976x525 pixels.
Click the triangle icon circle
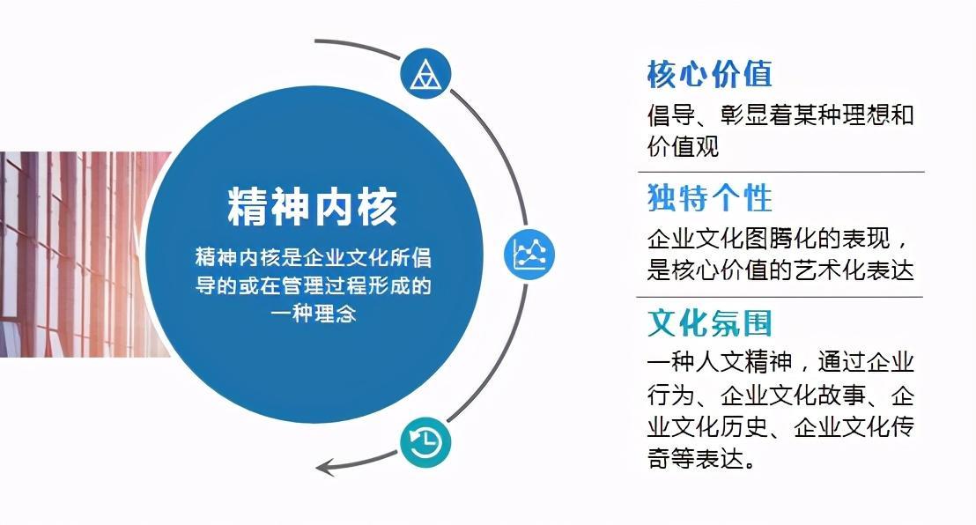(425, 74)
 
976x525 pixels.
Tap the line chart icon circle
(529, 254)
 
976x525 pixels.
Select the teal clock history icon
(425, 443)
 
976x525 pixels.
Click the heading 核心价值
(710, 75)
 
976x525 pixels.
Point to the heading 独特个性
(710, 199)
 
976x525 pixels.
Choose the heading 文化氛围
(710, 323)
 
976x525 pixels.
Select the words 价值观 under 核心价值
(683, 146)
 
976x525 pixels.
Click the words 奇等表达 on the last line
(695, 459)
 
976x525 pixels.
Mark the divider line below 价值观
(781, 171)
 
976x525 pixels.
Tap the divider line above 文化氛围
(781, 297)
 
